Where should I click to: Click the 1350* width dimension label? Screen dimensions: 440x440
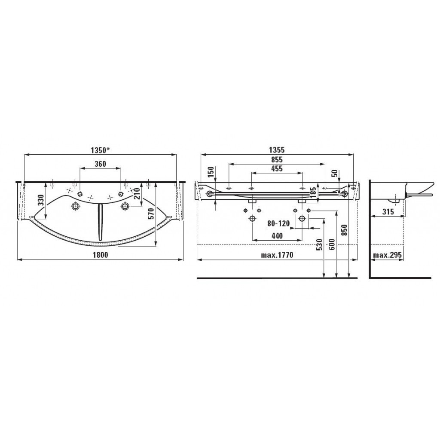[100, 150]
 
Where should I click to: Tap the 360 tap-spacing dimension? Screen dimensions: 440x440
[101, 164]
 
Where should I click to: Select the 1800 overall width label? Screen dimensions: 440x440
[100, 255]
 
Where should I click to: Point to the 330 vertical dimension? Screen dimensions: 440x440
[41, 200]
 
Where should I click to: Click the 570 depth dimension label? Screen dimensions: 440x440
[151, 214]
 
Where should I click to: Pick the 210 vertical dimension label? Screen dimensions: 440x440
[137, 194]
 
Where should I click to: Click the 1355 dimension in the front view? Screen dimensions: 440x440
[277, 150]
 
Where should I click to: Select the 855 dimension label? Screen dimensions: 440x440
[277, 159]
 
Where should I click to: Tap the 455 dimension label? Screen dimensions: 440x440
[277, 168]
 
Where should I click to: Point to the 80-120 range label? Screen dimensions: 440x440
[278, 223]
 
